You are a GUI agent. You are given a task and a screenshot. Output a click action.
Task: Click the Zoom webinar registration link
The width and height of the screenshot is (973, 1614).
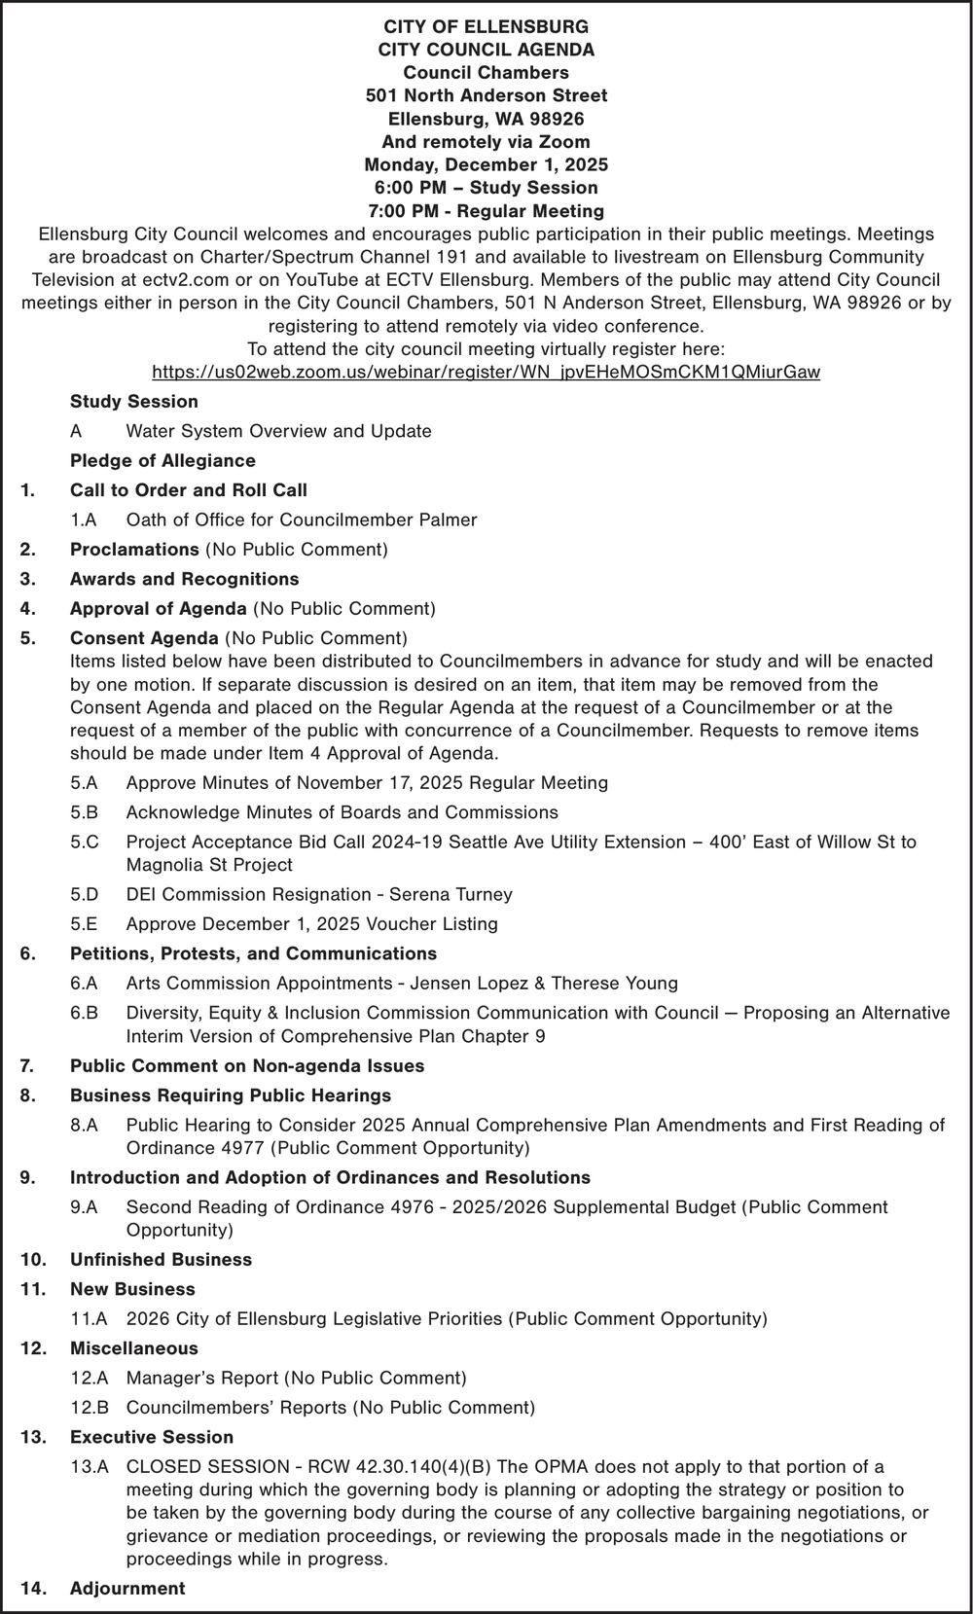[x=486, y=373]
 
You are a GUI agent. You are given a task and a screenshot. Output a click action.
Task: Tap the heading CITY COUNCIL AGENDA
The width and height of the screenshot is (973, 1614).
[x=486, y=49]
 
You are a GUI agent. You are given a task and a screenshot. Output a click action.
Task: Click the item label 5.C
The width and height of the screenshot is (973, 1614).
[x=85, y=842]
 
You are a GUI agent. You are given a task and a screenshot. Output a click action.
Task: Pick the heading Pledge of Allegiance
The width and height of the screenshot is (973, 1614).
[x=162, y=460]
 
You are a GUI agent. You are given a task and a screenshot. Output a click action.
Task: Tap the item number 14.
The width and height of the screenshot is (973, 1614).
[x=32, y=1588]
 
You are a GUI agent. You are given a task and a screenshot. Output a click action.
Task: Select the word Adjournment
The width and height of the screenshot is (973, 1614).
[x=127, y=1588]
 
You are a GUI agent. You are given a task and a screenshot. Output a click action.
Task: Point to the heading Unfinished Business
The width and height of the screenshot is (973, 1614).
[x=161, y=1259]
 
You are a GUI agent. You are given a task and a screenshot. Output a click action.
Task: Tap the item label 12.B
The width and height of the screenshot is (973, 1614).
[x=90, y=1407]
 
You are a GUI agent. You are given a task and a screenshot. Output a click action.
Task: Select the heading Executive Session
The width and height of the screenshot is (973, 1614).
[x=152, y=1437]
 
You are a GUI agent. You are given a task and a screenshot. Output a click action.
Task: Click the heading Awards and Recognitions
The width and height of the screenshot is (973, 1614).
[x=184, y=579]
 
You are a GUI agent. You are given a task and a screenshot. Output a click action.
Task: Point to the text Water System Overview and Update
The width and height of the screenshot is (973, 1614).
[x=278, y=431]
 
